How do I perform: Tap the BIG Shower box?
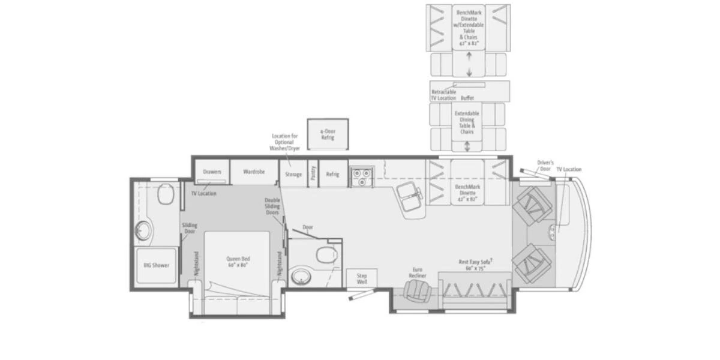156,265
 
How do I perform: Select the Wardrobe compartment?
254,172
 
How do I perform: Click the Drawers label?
212,172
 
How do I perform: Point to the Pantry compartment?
313,173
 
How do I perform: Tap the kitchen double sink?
410,197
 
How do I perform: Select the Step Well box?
361,278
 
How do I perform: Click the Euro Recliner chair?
416,290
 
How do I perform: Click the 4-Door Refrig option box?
327,134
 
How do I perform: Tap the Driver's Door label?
545,164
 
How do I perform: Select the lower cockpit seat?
533,262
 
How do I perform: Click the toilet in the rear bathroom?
165,194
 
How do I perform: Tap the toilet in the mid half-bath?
326,254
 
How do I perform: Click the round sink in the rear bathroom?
143,230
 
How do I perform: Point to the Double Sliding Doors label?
272,207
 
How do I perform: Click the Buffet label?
467,97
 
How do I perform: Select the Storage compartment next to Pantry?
293,174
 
